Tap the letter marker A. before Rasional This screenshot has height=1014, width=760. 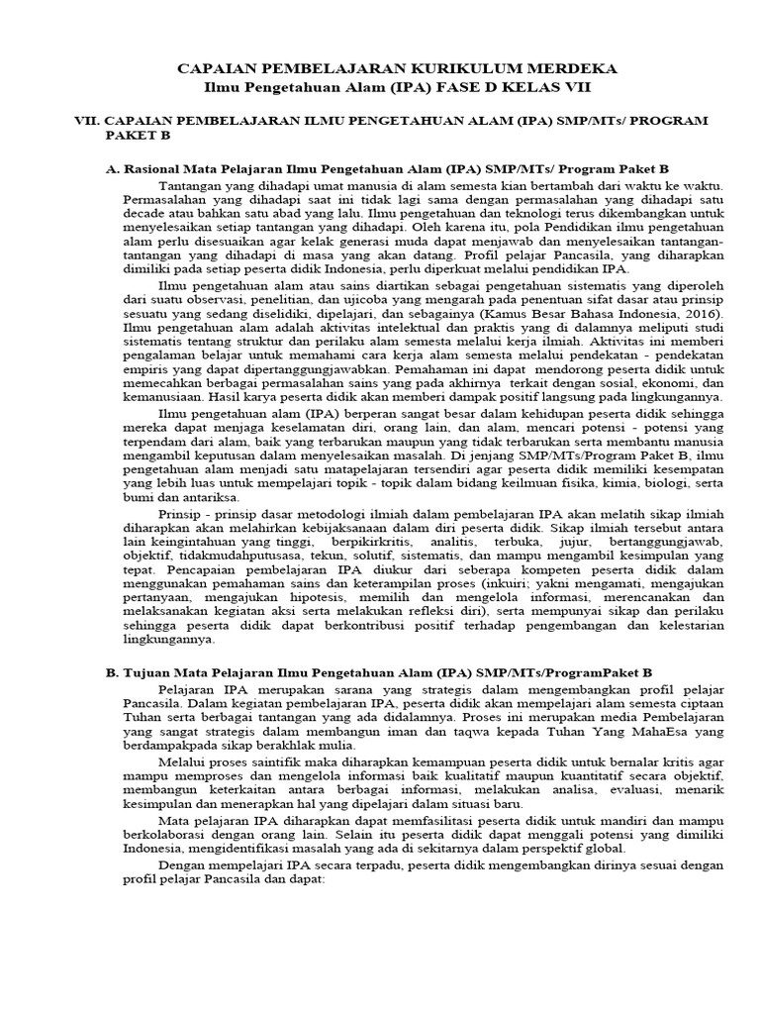(112, 169)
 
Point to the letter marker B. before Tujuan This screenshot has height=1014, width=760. (112, 672)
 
